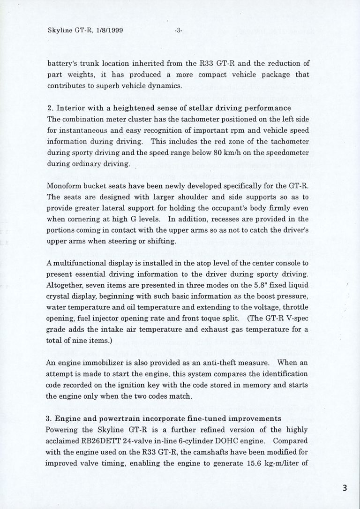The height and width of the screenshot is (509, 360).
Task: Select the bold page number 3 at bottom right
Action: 345,488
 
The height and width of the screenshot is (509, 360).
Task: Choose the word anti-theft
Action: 210,363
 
